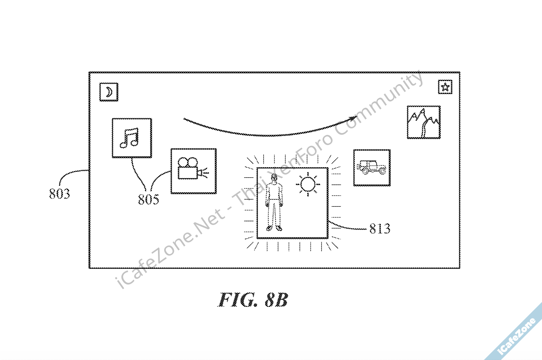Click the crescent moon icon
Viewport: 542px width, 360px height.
109,92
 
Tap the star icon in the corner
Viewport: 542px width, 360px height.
445,87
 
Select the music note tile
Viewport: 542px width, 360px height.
132,138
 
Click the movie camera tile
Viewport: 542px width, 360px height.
193,171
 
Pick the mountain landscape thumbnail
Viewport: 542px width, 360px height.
424,122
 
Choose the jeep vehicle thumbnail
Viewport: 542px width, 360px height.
372,168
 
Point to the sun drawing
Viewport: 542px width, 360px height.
308,184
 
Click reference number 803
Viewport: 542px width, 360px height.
59,194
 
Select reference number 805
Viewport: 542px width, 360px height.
148,199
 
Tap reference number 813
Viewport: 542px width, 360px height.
379,229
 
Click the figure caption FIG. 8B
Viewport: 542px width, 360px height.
253,300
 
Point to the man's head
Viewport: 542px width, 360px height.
274,178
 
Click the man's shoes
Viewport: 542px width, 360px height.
274,228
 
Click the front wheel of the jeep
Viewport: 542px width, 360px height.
382,171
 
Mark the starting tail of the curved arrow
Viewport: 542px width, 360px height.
185,119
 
